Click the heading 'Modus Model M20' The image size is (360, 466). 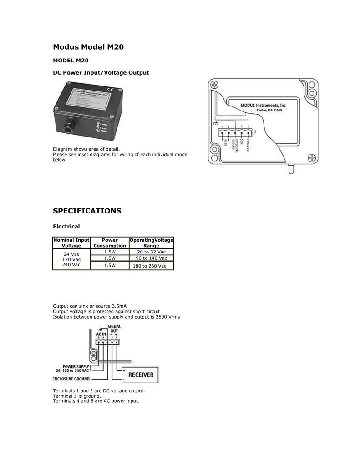coord(88,46)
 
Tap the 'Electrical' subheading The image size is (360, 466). coord(66,226)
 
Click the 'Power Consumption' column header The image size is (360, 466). coord(110,243)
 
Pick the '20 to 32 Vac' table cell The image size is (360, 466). coord(151,252)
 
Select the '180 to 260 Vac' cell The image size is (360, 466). coord(151,266)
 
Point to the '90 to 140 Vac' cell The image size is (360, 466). coord(151,258)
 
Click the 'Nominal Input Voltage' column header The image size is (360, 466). coord(71,243)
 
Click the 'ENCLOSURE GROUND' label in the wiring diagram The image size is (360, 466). coord(71,379)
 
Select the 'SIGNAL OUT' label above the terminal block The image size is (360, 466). coord(114,329)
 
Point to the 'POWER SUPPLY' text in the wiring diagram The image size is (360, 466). coord(73,366)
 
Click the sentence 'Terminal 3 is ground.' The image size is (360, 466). coord(76,396)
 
